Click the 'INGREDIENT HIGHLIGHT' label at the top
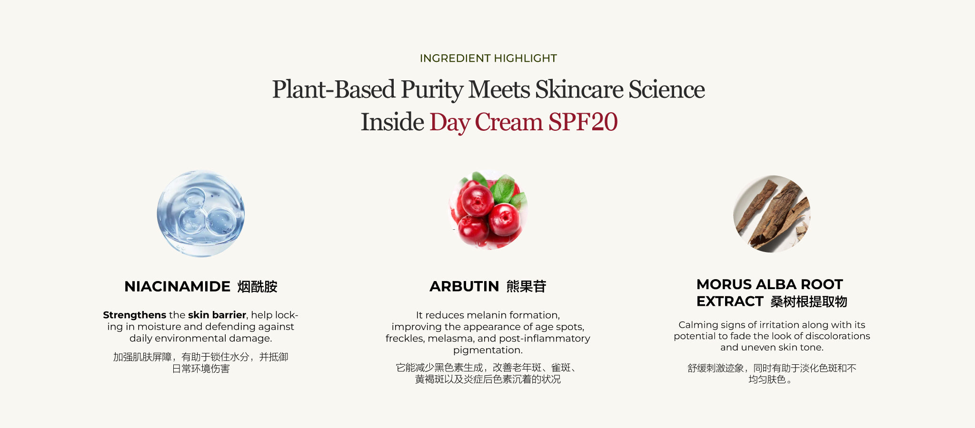(488, 58)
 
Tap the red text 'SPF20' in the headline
(583, 122)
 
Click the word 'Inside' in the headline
(392, 122)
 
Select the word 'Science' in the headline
(667, 89)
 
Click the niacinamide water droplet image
(201, 214)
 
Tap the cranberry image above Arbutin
(488, 209)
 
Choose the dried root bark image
(772, 214)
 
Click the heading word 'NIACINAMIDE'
(177, 286)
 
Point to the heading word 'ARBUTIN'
(464, 286)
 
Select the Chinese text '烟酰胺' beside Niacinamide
(257, 287)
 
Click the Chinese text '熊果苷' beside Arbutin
(526, 286)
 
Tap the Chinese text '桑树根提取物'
(809, 302)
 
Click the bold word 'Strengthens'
(134, 315)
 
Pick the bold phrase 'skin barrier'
(217, 315)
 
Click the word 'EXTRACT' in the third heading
(730, 302)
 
